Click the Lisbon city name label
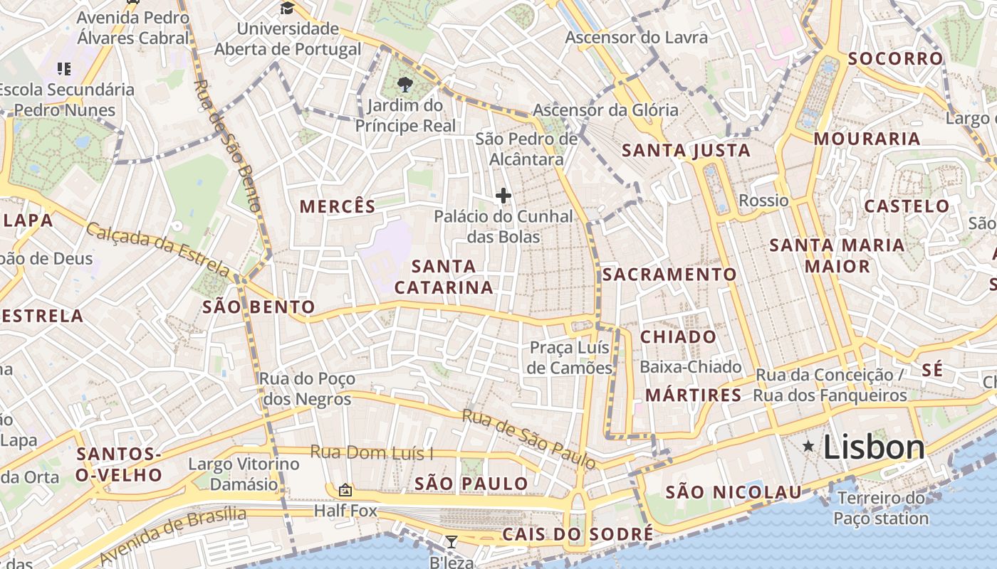coord(874,447)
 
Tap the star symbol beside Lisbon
coord(808,447)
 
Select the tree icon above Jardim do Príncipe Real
coord(405,85)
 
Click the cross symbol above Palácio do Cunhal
coord(503,196)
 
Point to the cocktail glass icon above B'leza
coord(451,542)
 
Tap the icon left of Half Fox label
coord(345,490)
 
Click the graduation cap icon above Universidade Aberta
coord(287,9)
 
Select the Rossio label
coord(763,201)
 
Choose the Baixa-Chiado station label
coord(690,367)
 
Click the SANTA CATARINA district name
coord(444,277)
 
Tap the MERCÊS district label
coord(338,207)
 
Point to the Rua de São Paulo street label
coord(529,438)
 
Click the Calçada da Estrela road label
coord(157,249)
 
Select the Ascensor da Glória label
coord(605,110)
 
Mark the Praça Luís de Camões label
coord(570,358)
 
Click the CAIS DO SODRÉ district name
coord(578,534)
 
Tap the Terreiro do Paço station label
coord(882,508)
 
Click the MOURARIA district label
coord(867,139)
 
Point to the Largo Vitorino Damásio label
coord(244,474)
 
